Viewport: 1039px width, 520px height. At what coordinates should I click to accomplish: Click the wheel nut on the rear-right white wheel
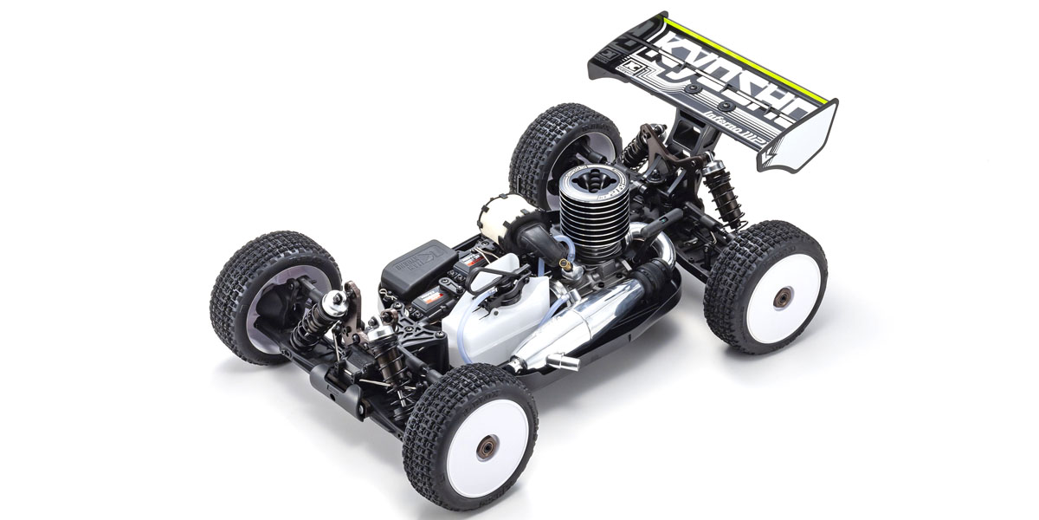click(782, 297)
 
